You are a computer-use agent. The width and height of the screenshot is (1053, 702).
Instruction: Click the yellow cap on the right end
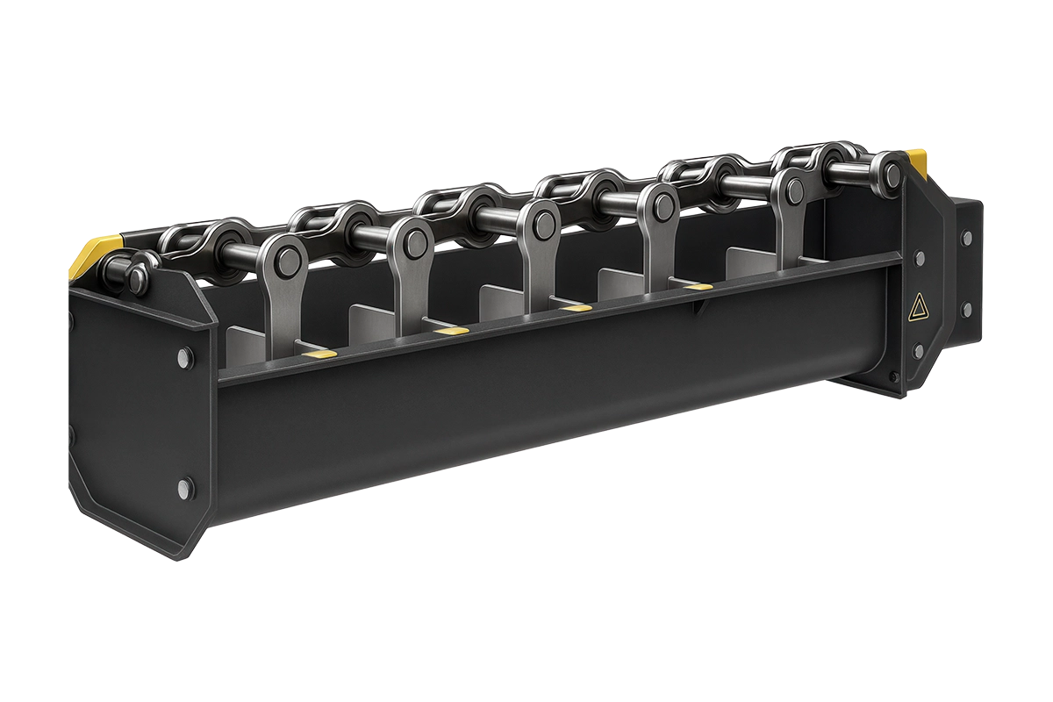click(917, 160)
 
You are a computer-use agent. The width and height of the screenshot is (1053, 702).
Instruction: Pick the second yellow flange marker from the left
click(448, 331)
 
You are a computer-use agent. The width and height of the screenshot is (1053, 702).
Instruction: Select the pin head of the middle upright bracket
click(541, 219)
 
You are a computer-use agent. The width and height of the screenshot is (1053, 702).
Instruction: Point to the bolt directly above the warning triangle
click(920, 258)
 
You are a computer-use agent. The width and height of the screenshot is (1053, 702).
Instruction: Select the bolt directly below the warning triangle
click(919, 351)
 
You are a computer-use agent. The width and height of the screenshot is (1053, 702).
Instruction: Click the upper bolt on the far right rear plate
click(966, 238)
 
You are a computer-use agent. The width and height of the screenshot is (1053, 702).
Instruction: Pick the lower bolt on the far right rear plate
click(966, 308)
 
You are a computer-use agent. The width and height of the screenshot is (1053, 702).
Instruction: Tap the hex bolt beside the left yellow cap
click(137, 279)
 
